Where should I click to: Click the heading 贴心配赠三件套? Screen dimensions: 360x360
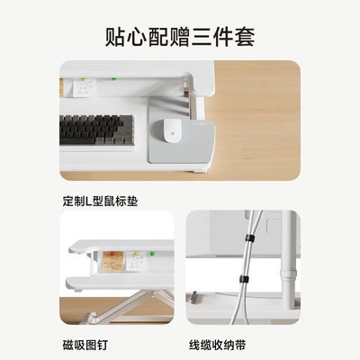(x=179, y=37)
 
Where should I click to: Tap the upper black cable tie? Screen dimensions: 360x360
(x=250, y=238)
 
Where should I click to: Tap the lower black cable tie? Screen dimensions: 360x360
(x=240, y=280)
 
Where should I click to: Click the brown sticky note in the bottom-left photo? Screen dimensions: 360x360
(x=112, y=263)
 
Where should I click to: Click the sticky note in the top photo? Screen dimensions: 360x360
(x=84, y=86)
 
